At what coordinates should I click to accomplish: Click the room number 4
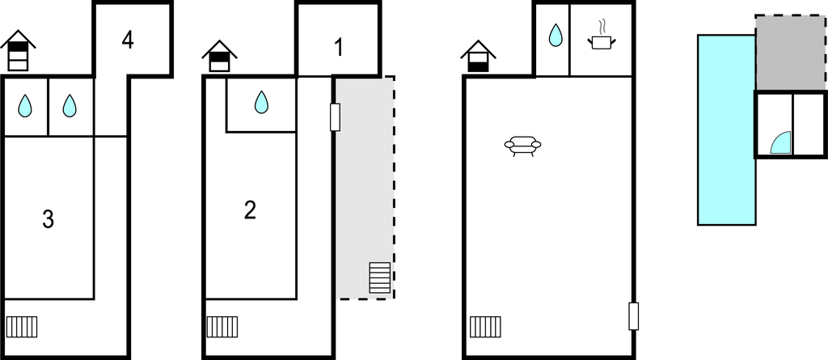tap(128, 40)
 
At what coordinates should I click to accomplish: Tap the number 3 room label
tap(48, 218)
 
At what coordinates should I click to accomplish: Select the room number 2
tap(250, 210)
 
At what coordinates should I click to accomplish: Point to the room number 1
tap(339, 48)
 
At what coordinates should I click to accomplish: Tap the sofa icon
tap(522, 146)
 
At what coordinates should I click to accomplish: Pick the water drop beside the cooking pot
tap(556, 36)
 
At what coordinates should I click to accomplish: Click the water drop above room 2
tap(261, 102)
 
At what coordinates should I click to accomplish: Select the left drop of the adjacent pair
tap(25, 105)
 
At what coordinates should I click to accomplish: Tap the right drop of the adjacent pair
tap(70, 105)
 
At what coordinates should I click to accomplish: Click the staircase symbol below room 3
tap(22, 327)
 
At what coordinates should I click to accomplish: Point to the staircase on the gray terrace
tap(379, 277)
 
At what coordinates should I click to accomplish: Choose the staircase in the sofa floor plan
tap(485, 327)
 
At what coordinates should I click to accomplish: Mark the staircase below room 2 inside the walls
tap(222, 327)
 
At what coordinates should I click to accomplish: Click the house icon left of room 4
tap(18, 51)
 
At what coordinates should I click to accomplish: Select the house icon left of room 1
tap(219, 55)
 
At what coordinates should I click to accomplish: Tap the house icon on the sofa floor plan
tap(479, 56)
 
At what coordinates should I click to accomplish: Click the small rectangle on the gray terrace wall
tap(335, 116)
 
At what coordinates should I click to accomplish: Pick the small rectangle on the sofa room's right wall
tap(634, 316)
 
